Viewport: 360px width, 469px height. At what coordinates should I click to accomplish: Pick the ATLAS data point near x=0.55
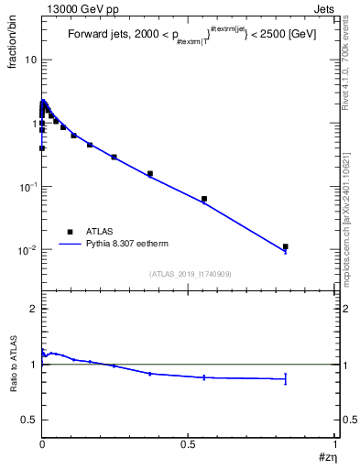click(x=204, y=199)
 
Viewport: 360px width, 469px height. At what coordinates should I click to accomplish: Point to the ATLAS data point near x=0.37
click(x=150, y=173)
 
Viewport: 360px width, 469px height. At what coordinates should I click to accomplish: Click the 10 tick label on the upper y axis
click(x=30, y=60)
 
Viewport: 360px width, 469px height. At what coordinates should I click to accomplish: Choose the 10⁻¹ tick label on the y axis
click(x=27, y=187)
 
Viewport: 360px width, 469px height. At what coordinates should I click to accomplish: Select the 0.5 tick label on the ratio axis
click(x=29, y=420)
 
